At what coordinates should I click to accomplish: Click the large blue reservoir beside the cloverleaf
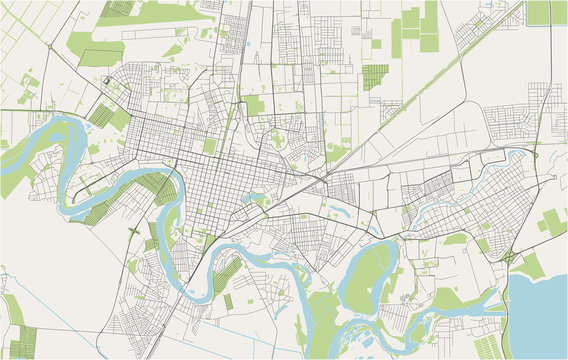pyautogui.click(x=540, y=310)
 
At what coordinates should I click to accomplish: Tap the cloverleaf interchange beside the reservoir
pyautogui.click(x=509, y=259)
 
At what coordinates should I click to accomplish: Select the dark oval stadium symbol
pyautogui.click(x=107, y=83)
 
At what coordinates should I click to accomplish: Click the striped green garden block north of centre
pyautogui.click(x=374, y=76)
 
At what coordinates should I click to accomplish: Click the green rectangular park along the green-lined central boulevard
pyautogui.click(x=254, y=105)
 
